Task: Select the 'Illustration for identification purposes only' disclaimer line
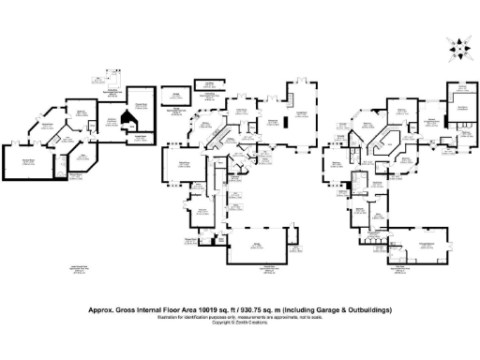pos(240,314)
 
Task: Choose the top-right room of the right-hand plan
pos(462,106)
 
